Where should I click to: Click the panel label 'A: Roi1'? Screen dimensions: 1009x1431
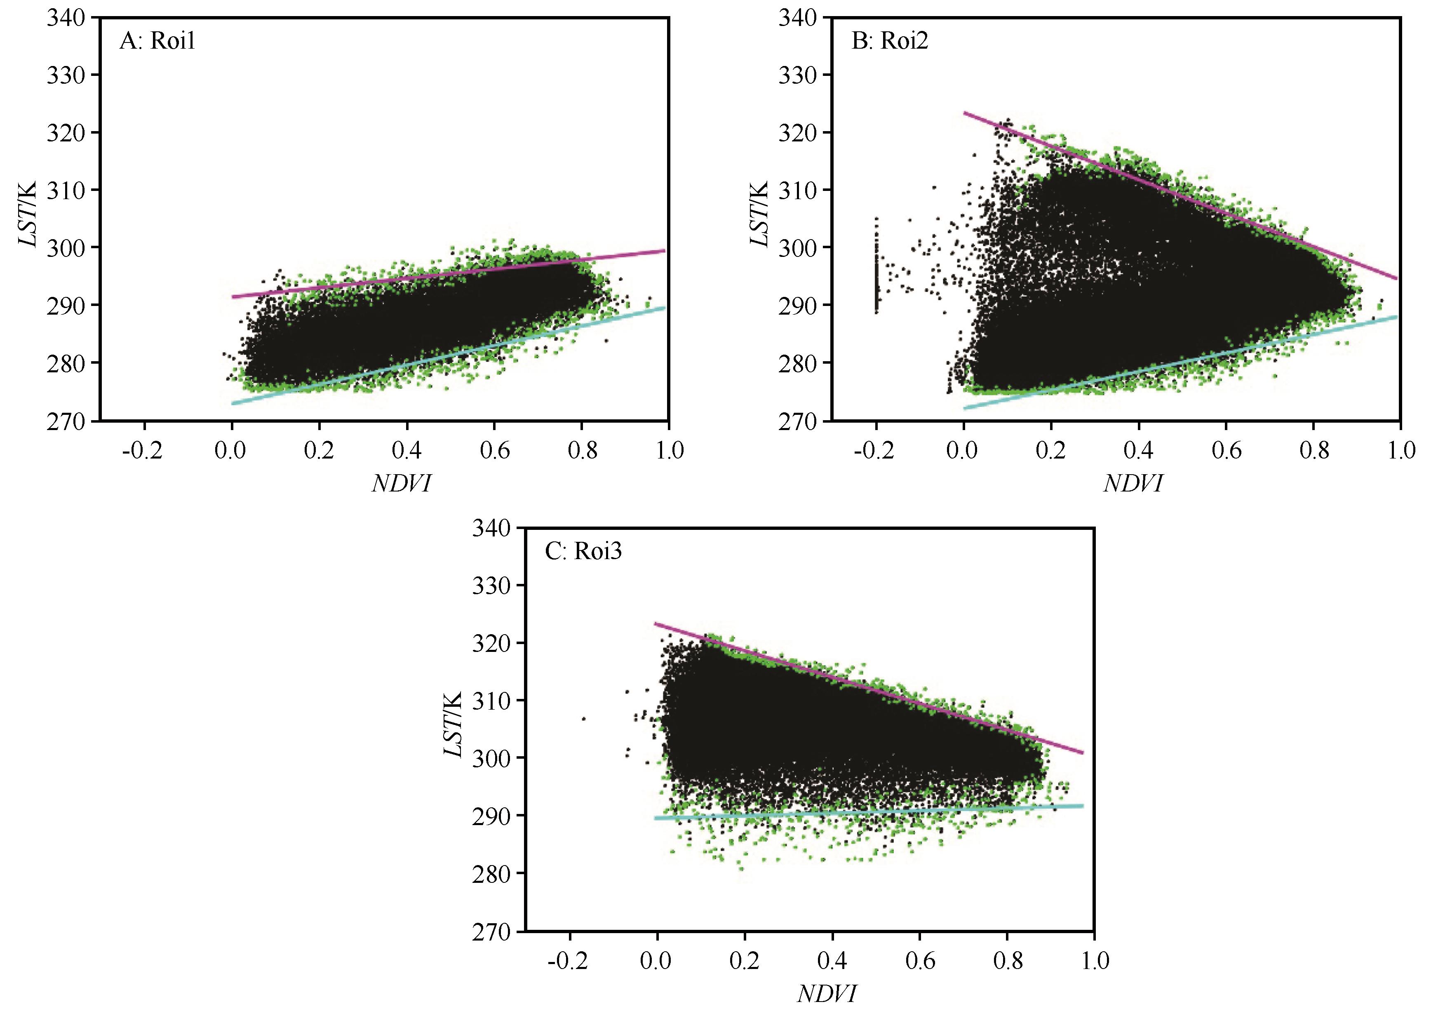pyautogui.click(x=157, y=42)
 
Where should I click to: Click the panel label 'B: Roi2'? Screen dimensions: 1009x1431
pyautogui.click(x=889, y=42)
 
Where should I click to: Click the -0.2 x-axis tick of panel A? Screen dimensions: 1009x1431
pyautogui.click(x=143, y=449)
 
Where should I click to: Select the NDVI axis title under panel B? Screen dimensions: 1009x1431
pyautogui.click(x=1133, y=484)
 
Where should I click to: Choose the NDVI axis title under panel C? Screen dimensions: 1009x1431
pyautogui.click(x=827, y=993)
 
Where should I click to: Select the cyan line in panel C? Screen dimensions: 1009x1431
pyautogui.click(x=872, y=812)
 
